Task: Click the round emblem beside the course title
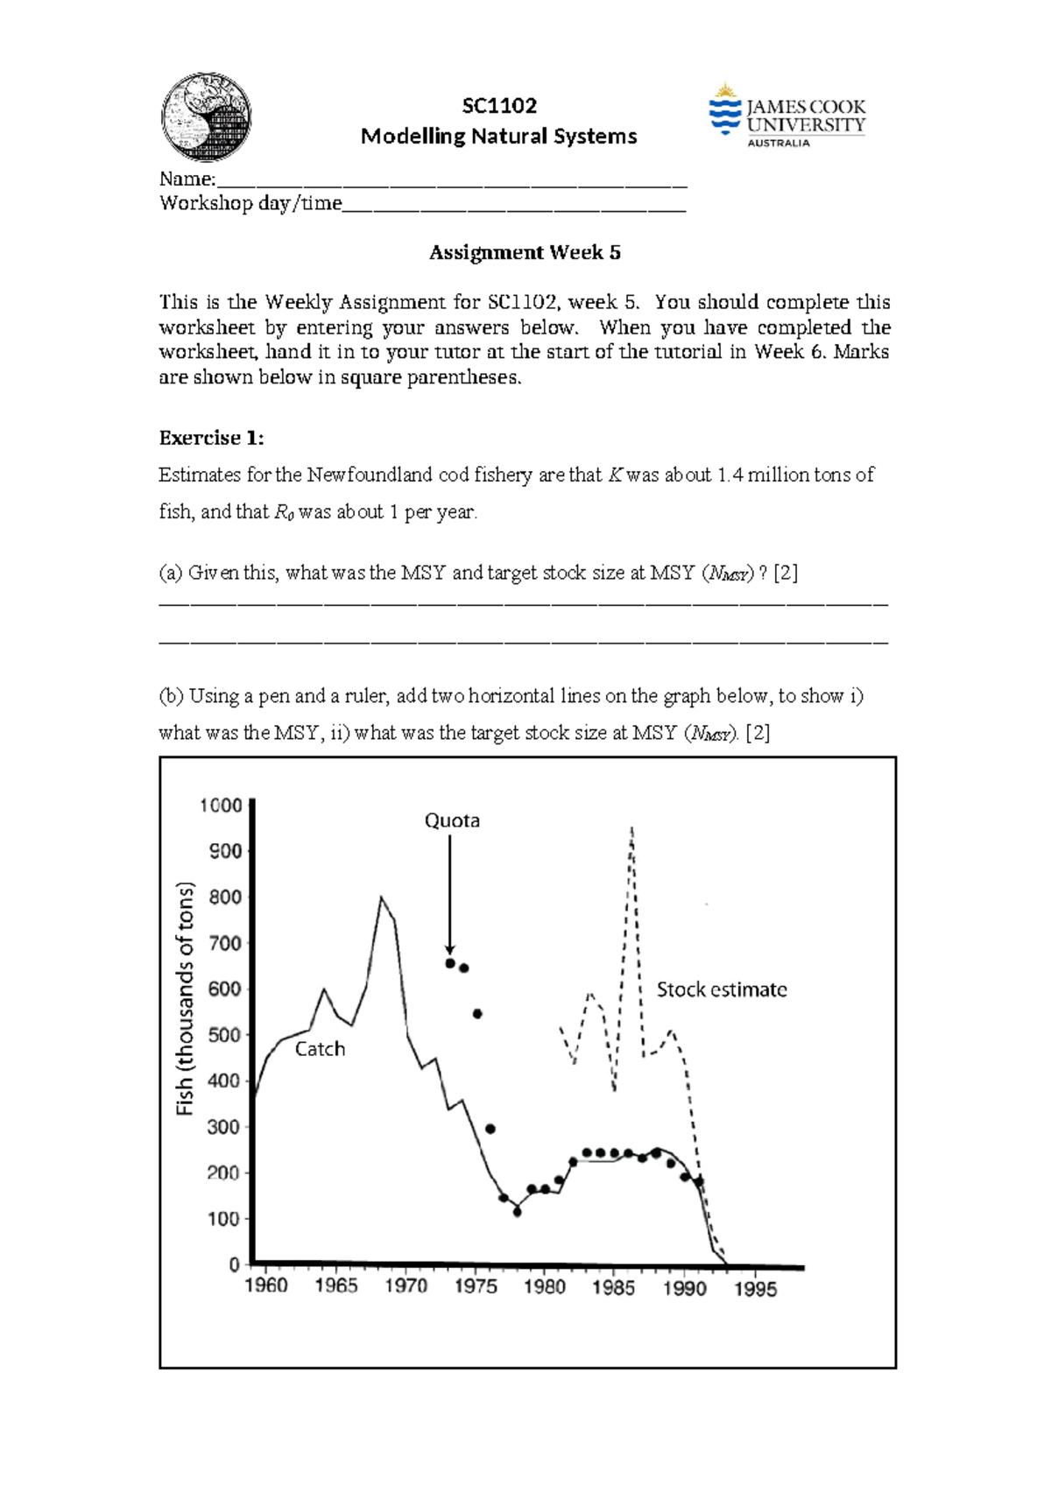(207, 117)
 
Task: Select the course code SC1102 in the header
(499, 106)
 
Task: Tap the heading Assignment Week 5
(525, 253)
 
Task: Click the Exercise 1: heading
(211, 438)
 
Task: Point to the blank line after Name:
(451, 184)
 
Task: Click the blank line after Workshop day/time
(514, 208)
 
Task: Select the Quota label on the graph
(452, 820)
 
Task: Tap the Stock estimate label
(722, 989)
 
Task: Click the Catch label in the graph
(320, 1049)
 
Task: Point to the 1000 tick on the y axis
(221, 805)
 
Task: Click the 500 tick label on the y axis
(223, 1035)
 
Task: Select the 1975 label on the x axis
(476, 1286)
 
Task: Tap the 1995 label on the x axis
(755, 1288)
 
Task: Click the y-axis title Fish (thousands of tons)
(185, 998)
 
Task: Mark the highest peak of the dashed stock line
(631, 827)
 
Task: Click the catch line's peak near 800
(380, 897)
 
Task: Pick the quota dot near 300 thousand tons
(490, 1129)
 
